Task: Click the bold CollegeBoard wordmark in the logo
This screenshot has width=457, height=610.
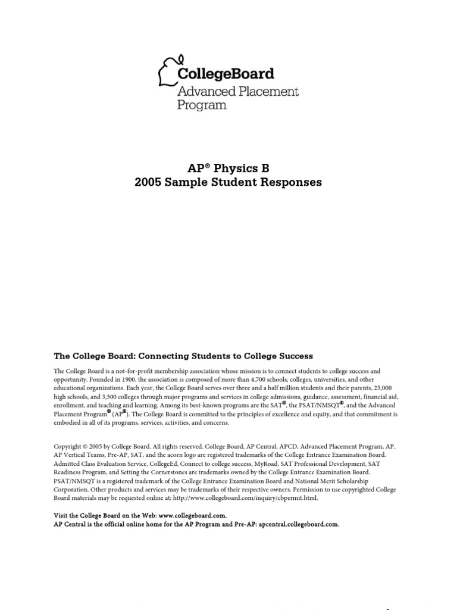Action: [226, 74]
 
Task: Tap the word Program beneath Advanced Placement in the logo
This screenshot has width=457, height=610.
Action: [202, 105]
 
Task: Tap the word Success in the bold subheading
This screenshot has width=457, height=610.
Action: [293, 356]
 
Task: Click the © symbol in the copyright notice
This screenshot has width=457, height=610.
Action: [87, 446]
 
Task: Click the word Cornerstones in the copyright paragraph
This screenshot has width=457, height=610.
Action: [158, 472]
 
